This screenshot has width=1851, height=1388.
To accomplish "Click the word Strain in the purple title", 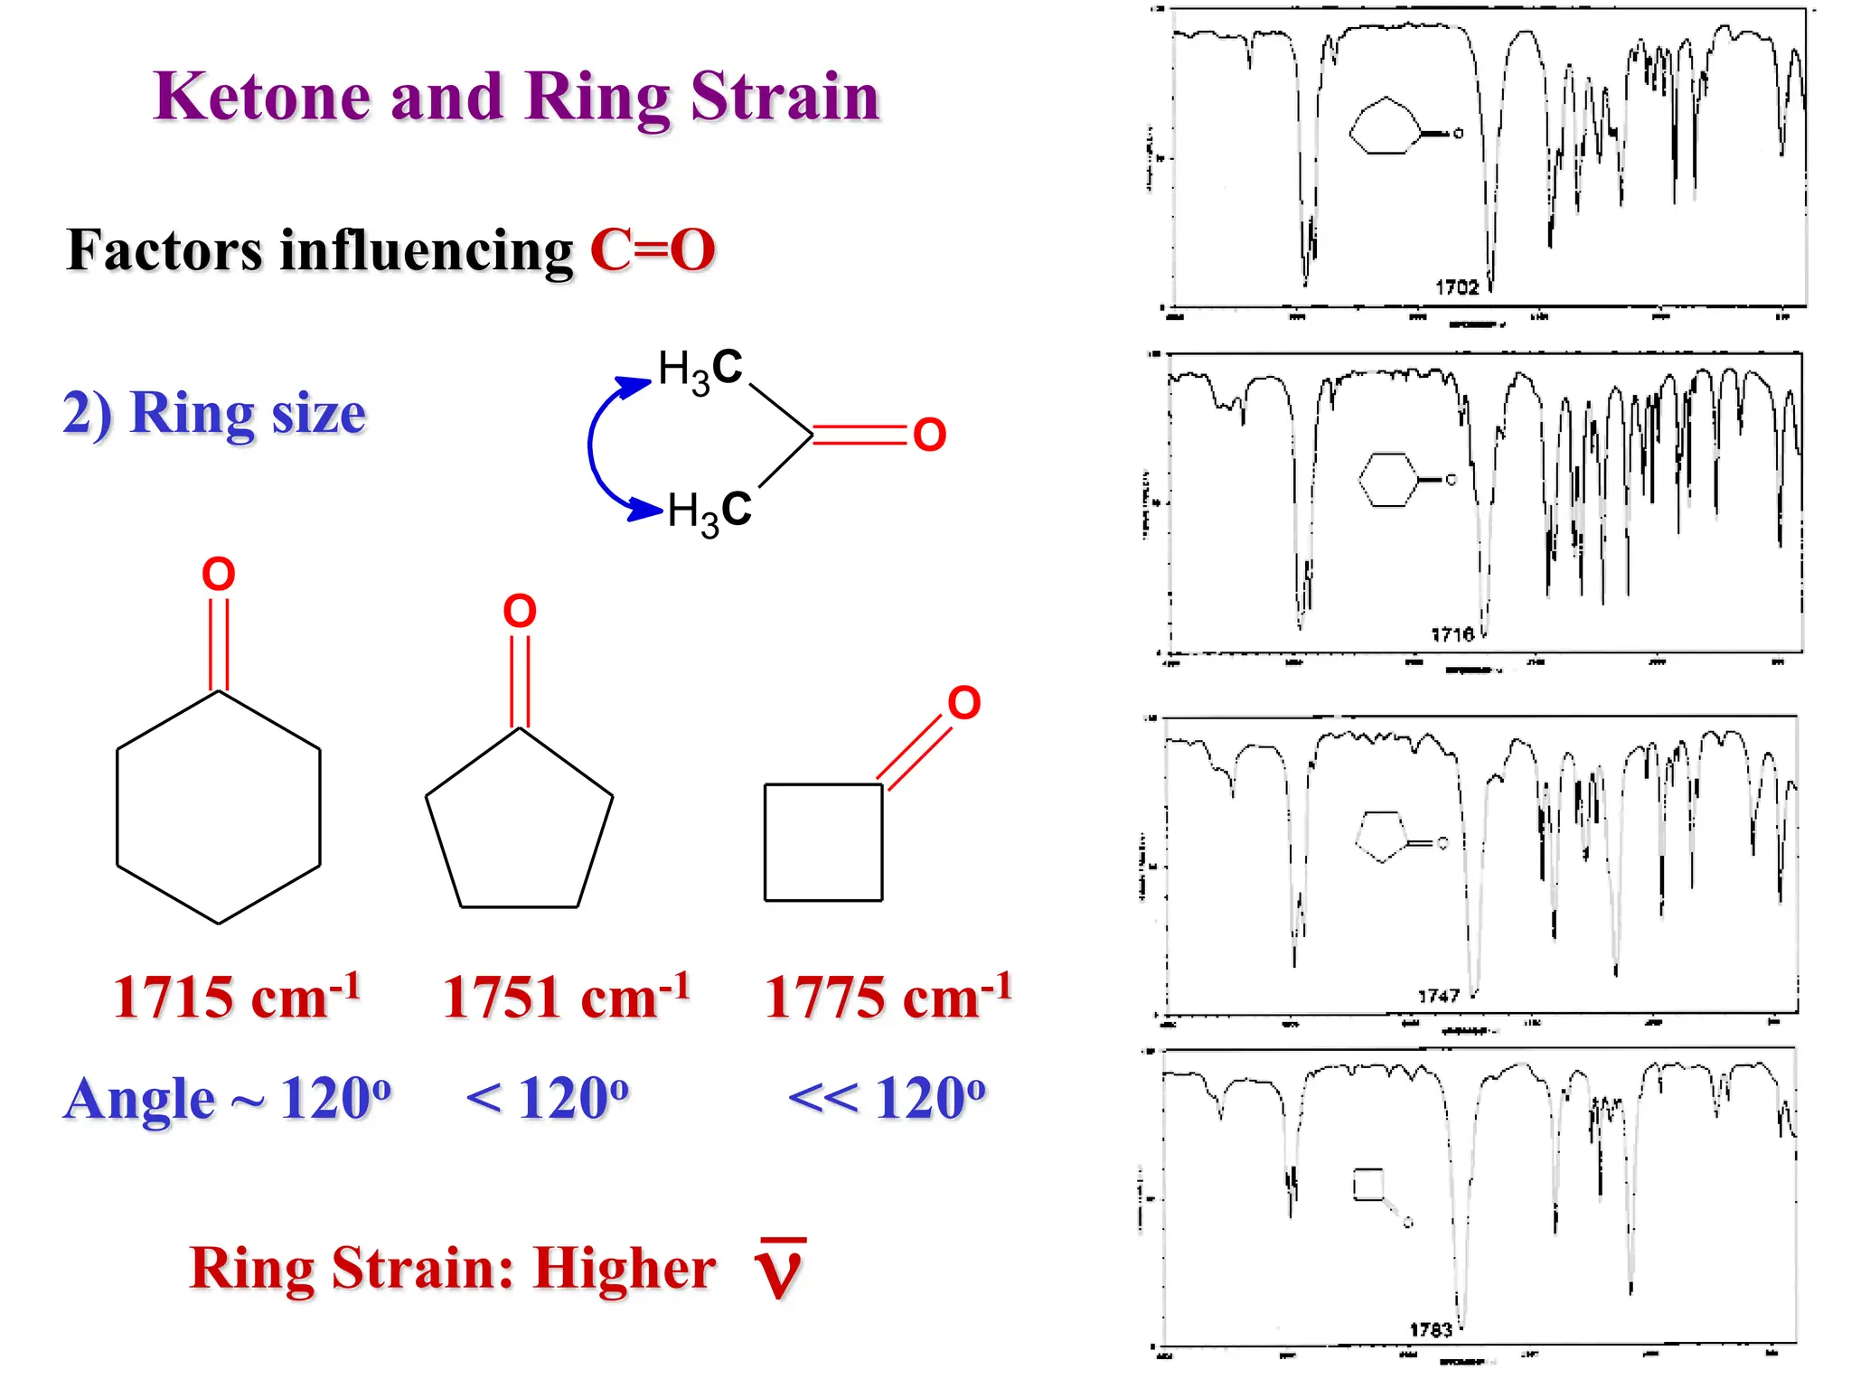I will point(785,97).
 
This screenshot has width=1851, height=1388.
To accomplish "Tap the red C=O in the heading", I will point(653,250).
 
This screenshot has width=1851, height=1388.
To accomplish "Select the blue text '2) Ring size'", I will point(214,414).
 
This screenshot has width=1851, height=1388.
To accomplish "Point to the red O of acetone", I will point(929,436).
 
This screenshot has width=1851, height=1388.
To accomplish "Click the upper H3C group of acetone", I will point(700,369).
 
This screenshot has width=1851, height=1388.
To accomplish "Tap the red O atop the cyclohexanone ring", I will point(218,574).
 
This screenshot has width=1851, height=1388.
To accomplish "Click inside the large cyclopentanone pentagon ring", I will point(519,827).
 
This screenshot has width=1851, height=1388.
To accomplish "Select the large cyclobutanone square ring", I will point(822,842).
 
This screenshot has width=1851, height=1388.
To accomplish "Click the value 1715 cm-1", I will point(237,998).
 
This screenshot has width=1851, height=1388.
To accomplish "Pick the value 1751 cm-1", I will point(566,998).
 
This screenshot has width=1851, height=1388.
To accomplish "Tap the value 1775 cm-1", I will point(888,998).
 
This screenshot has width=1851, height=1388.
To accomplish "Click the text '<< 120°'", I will point(888,1099).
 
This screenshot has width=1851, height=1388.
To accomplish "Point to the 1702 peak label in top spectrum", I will point(1457,287).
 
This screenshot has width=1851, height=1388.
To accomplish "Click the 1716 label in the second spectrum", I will point(1452,634).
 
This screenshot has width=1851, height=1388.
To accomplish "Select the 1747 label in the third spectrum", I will point(1438,996).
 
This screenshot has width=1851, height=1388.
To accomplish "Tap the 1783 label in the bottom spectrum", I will point(1431,1329).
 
